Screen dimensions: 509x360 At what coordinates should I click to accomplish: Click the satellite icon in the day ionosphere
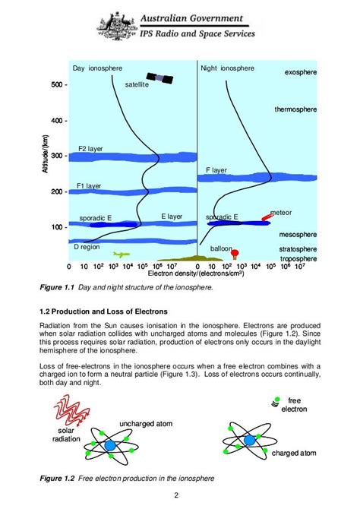point(159,79)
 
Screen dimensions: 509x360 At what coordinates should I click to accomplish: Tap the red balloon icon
point(235,253)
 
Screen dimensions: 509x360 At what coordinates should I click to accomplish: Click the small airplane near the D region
point(120,254)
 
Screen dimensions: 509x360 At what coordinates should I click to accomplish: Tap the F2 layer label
point(90,149)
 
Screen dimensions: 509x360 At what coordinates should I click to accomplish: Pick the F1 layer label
point(90,185)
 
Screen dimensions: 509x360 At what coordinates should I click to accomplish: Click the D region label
point(87,247)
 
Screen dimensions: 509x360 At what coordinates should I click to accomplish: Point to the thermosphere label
point(296,109)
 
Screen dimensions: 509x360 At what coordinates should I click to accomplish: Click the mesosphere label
point(298,235)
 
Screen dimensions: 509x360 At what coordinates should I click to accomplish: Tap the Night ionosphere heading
point(227,68)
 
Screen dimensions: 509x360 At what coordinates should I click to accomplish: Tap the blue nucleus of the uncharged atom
point(112,444)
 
